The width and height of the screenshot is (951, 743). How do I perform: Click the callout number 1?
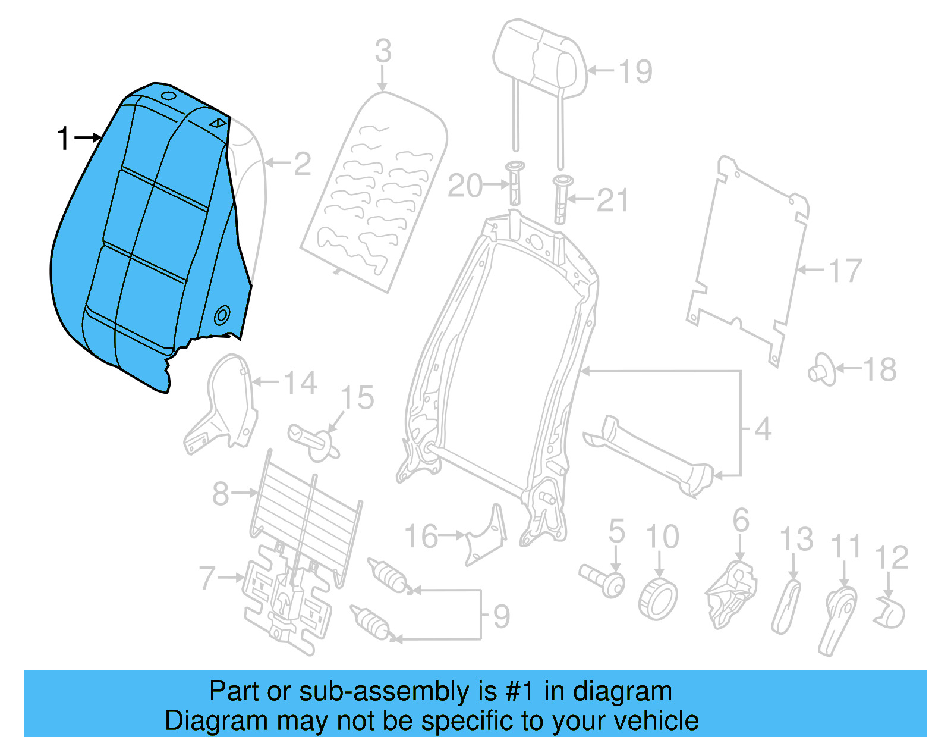pyautogui.click(x=63, y=139)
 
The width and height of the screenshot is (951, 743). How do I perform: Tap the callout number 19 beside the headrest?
pyautogui.click(x=635, y=71)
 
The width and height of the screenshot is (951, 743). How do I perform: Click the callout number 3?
pyautogui.click(x=383, y=51)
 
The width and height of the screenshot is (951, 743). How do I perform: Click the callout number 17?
pyautogui.click(x=844, y=271)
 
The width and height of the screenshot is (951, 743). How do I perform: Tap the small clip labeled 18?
pyautogui.click(x=822, y=370)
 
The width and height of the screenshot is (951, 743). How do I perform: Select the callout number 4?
pyautogui.click(x=763, y=429)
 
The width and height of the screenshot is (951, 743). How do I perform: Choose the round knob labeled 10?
pyautogui.click(x=659, y=600)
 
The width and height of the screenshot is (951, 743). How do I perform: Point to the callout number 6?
pyautogui.click(x=741, y=521)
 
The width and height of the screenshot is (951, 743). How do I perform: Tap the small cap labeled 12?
pyautogui.click(x=890, y=613)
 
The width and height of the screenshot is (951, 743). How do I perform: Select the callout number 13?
pyautogui.click(x=796, y=540)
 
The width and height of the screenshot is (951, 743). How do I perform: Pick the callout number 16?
pyautogui.click(x=421, y=537)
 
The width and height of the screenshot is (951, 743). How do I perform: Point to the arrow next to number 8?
pyautogui.click(x=244, y=493)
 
